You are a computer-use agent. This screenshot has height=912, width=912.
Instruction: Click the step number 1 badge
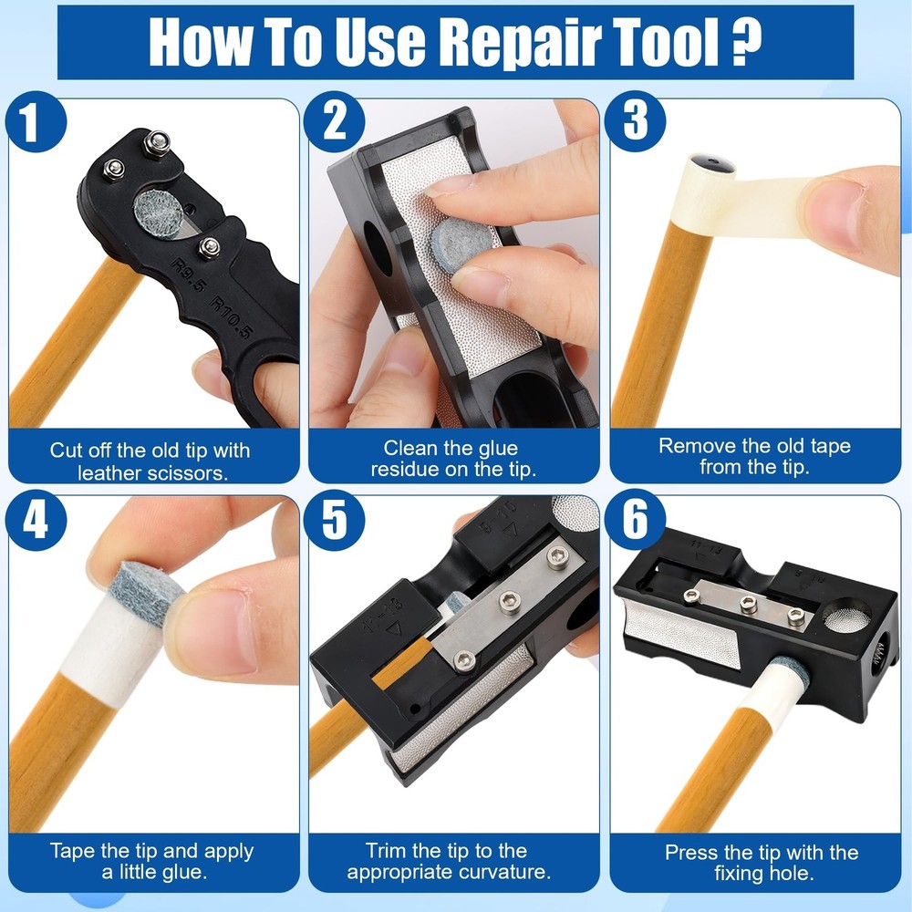tap(31, 123)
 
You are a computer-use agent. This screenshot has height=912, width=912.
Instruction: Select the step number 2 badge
tap(334, 122)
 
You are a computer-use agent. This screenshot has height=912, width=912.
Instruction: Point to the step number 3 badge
tap(635, 123)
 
